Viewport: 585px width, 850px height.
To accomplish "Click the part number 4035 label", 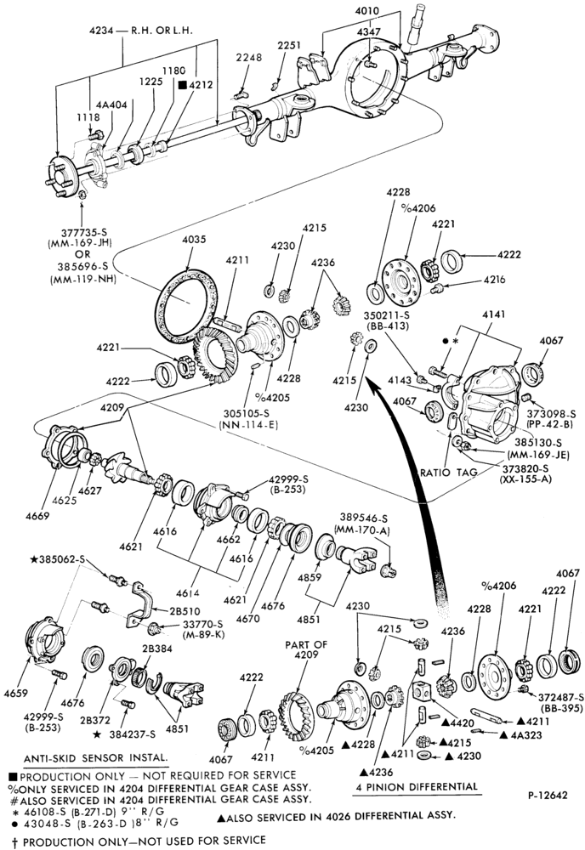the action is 194,239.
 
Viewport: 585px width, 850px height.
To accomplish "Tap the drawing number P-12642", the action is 548,796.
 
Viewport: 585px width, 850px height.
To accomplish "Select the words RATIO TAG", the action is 448,472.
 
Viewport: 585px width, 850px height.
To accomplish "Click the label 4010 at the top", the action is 367,11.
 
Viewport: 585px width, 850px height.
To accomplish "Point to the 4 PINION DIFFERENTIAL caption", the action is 417,786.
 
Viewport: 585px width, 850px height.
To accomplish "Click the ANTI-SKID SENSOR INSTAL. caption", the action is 96,757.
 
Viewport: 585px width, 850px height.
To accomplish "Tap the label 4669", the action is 37,516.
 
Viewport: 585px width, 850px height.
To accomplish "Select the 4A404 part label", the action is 111,105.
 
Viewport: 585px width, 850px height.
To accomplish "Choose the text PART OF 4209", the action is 306,649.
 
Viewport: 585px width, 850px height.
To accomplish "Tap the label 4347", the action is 369,32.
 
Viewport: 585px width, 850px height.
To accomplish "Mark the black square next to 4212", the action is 182,84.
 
